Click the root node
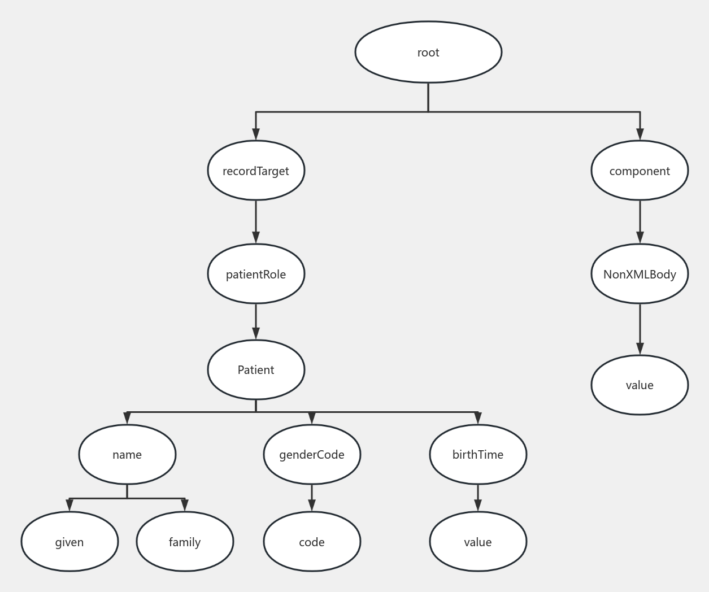coord(428,52)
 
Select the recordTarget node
coord(256,171)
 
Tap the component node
coord(640,171)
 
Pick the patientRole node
coord(256,274)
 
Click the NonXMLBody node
coord(640,274)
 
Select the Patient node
coord(256,370)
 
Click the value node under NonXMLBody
coord(640,385)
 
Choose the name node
coord(127,455)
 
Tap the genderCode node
coord(312,455)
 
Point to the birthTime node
coord(478,455)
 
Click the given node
coord(69,542)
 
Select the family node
coord(185,542)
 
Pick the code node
coord(312,542)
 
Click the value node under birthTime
coord(478,542)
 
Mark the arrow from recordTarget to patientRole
coord(256,222)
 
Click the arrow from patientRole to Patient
coord(256,322)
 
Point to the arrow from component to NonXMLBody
coord(640,222)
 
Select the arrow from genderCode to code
coord(312,498)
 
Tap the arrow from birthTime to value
coord(478,498)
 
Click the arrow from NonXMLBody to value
coord(640,329)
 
